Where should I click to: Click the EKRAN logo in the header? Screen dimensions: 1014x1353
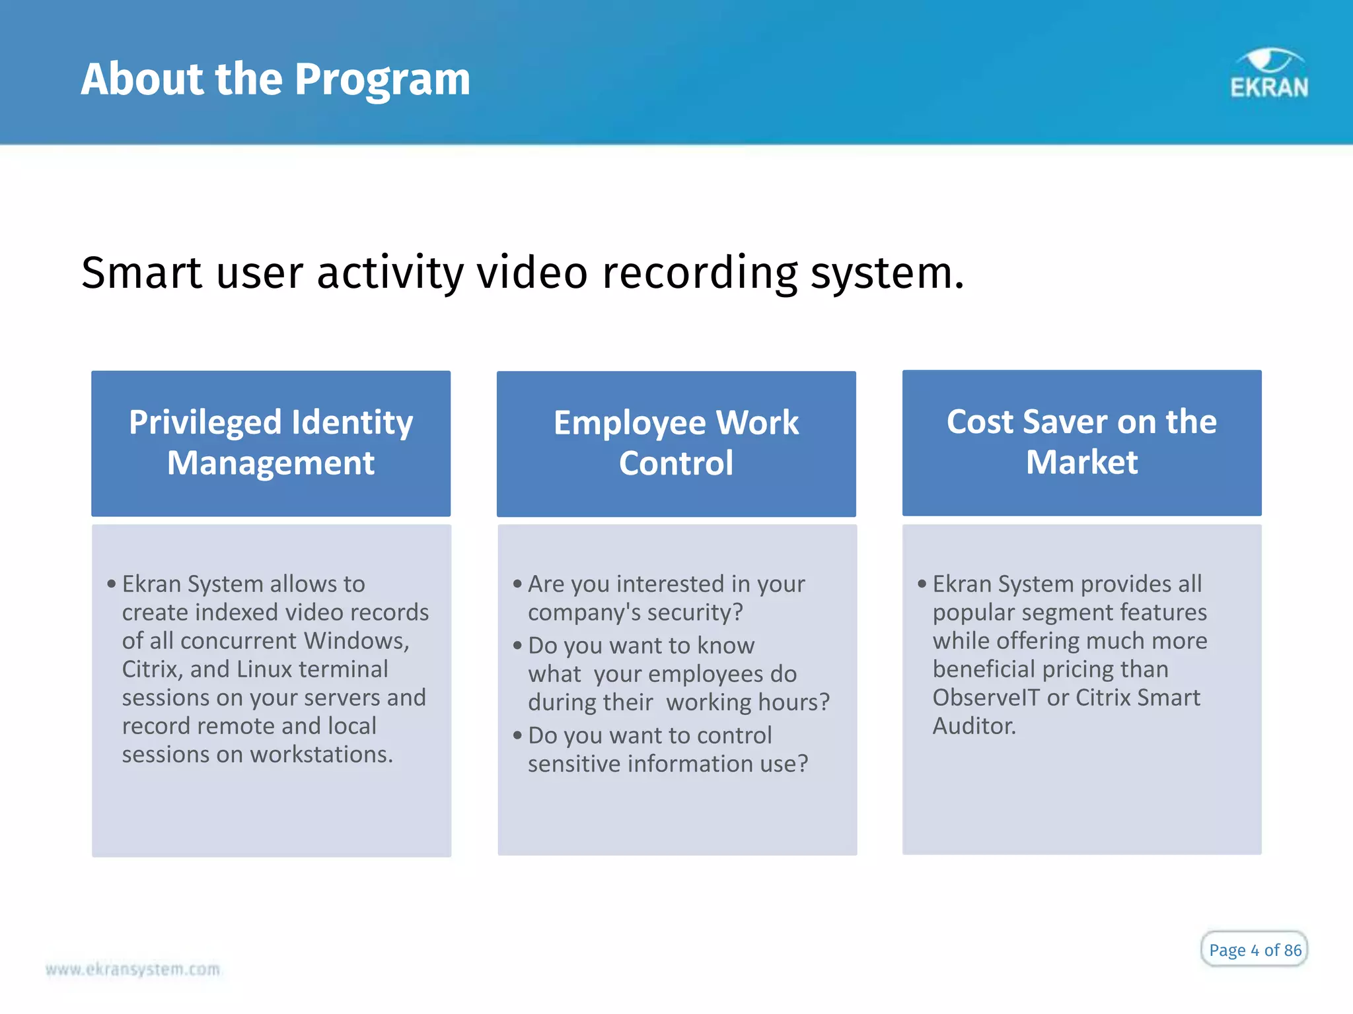tap(1268, 75)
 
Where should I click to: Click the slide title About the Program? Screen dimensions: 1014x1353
tap(275, 79)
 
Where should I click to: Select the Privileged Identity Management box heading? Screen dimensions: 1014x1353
tap(271, 442)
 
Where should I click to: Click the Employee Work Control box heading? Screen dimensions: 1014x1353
tap(676, 442)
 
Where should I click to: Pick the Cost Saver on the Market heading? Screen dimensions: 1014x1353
tap(1081, 442)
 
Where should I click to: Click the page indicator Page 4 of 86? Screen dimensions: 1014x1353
tap(1255, 949)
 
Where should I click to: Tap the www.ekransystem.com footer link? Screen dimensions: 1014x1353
tap(133, 969)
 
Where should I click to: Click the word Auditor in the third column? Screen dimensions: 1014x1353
tap(974, 726)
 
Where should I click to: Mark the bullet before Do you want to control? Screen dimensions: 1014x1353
tap(517, 735)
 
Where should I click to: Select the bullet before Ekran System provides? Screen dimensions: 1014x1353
tap(922, 584)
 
